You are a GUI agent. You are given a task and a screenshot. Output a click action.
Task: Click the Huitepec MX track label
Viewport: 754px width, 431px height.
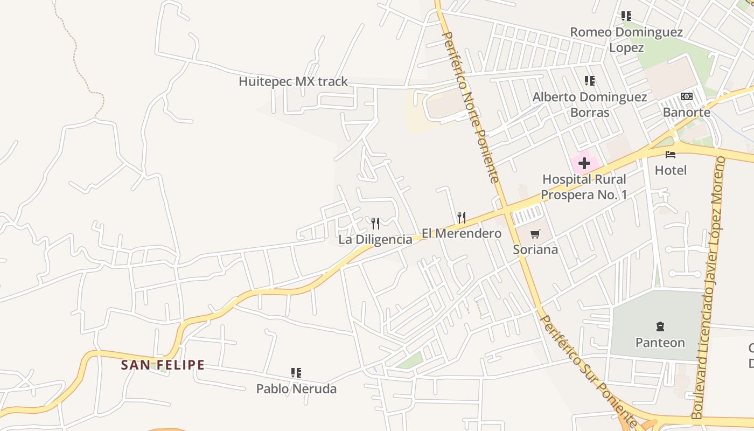click(x=293, y=82)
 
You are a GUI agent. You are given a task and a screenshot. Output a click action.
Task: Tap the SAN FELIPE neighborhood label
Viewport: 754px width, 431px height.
click(x=163, y=365)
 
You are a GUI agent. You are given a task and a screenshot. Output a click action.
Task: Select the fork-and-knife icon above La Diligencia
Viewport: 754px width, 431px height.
click(x=375, y=223)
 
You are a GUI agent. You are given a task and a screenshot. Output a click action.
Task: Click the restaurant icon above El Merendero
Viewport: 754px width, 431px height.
click(x=462, y=218)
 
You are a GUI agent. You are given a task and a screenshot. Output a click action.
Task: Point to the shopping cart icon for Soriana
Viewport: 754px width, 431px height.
click(x=535, y=234)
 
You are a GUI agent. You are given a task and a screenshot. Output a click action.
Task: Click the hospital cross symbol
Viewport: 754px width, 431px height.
click(x=584, y=163)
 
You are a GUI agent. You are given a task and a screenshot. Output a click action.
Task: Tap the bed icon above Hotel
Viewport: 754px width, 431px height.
click(x=671, y=155)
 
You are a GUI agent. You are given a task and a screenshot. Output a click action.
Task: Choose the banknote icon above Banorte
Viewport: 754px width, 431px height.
click(x=686, y=96)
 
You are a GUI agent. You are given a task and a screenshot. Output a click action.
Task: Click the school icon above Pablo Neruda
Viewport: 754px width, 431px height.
click(x=296, y=372)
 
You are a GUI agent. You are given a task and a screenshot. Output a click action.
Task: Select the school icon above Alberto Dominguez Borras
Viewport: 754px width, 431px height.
click(x=590, y=81)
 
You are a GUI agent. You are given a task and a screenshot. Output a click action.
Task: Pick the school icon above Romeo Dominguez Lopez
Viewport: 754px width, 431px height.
click(x=626, y=16)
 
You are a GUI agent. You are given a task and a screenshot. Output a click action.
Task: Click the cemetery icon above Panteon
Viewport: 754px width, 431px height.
click(x=660, y=326)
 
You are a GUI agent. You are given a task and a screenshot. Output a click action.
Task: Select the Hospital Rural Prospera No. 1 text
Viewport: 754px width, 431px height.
click(x=584, y=187)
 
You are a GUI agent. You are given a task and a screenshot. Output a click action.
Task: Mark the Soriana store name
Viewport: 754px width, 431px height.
click(x=535, y=250)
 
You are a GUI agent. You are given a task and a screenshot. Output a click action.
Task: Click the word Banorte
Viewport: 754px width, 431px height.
click(x=686, y=113)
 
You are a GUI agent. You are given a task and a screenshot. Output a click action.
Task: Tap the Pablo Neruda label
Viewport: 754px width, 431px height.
click(x=296, y=388)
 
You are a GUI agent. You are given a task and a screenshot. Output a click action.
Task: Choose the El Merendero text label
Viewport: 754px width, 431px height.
click(x=462, y=234)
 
